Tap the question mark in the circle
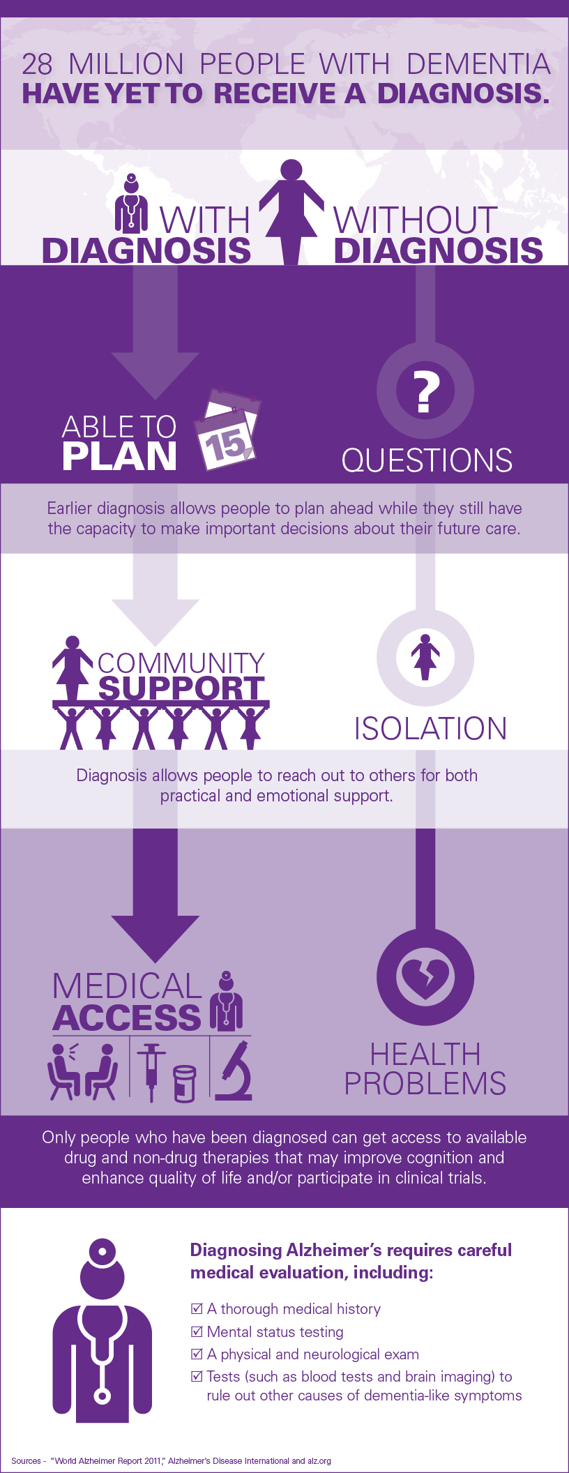tap(425, 391)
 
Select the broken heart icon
tap(425, 977)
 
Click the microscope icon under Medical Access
tap(235, 1071)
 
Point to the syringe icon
tap(151, 1071)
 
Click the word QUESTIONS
tap(427, 460)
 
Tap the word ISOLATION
tap(430, 729)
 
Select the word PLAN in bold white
tap(119, 457)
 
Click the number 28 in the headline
tap(37, 64)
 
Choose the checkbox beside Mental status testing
tap(197, 1331)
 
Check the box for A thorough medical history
tap(197, 1308)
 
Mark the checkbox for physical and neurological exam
tap(197, 1354)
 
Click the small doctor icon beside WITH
tap(131, 204)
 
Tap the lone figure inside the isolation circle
tap(425, 657)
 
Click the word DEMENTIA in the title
tap(478, 64)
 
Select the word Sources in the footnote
tap(26, 1460)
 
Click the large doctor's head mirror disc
tap(103, 1251)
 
